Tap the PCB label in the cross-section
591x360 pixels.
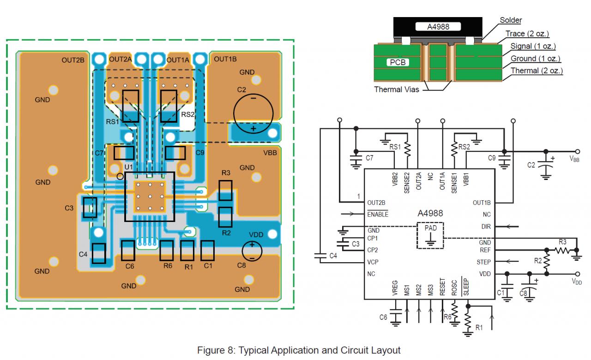[398, 62]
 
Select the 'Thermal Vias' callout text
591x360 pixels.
[397, 90]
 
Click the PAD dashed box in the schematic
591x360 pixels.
[430, 235]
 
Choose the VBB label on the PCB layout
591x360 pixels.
[269, 153]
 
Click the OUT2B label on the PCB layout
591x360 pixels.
[73, 60]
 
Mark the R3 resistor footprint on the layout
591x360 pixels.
[225, 190]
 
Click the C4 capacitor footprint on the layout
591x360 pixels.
[99, 253]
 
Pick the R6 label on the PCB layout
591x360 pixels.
[167, 266]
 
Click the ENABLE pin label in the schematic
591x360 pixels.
[378, 214]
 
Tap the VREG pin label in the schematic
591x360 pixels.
[395, 288]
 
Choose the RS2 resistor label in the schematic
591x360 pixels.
[464, 147]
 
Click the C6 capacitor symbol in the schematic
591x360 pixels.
[396, 314]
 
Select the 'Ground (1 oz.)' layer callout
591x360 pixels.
[535, 59]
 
